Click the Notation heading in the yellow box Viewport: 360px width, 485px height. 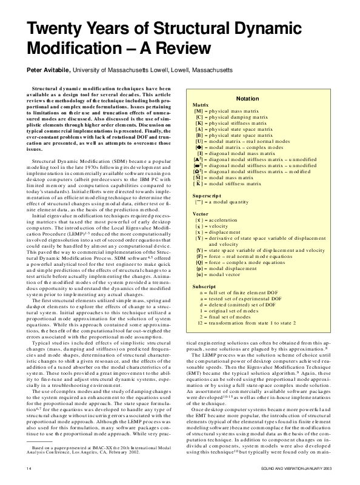(x=247, y=98)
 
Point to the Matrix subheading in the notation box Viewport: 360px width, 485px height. (x=201, y=105)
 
